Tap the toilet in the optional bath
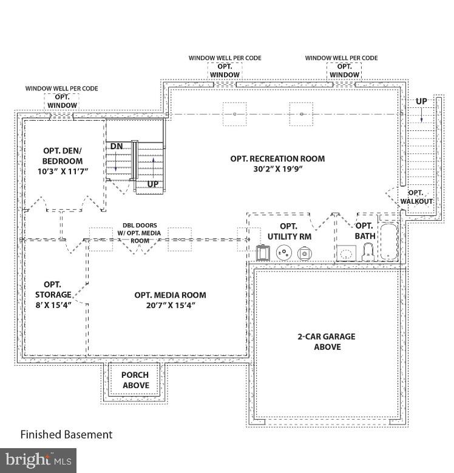pos(368,252)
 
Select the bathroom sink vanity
pos(347,253)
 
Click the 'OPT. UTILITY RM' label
pos(289,230)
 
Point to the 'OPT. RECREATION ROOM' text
pos(277,159)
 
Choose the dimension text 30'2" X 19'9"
pos(277,169)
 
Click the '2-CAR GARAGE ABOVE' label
pos(327,341)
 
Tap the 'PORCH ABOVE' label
pos(135,380)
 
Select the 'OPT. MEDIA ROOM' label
pos(170,295)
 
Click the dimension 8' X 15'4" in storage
pos(53,305)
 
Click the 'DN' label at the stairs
pos(116,146)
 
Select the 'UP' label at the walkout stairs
pos(421,101)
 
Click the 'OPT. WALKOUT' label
pos(416,196)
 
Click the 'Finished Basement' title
pos(66,434)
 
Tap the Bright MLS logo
pos(38,460)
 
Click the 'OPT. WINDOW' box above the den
pos(62,101)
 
